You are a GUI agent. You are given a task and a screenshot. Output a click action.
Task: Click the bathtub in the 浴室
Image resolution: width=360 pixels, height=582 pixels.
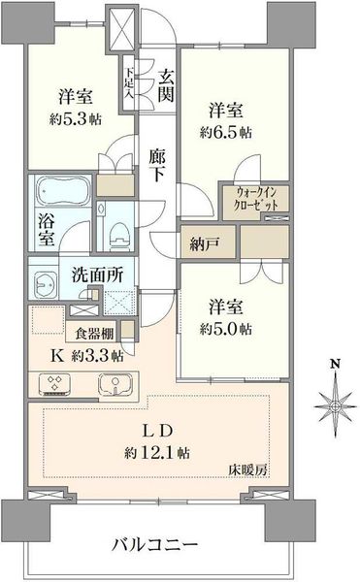[63, 191]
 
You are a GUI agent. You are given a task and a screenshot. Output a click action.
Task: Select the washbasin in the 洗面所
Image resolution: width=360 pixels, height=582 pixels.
[46, 285]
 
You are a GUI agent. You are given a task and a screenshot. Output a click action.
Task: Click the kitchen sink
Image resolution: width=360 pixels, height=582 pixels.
[115, 385]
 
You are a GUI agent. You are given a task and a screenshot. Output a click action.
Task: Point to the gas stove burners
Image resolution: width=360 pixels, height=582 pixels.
[55, 384]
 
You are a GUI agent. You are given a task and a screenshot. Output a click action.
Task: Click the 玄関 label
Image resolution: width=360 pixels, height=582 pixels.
[166, 86]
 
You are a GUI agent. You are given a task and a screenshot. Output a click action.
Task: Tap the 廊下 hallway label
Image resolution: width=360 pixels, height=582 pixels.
[156, 166]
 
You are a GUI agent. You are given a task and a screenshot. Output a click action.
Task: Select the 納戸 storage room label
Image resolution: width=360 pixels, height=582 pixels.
[204, 244]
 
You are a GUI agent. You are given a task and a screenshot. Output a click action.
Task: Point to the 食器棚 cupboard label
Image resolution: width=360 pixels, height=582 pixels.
[94, 334]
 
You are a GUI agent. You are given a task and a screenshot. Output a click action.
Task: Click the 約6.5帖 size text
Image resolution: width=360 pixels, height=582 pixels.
[225, 133]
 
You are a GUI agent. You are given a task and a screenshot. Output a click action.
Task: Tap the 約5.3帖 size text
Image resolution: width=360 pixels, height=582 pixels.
[76, 119]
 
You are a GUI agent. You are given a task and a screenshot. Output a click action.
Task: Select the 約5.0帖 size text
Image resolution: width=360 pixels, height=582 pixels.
[225, 329]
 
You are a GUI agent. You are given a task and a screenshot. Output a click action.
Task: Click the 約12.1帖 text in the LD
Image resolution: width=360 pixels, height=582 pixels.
[157, 452]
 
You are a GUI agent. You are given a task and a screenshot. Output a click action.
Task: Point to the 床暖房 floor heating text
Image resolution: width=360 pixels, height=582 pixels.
[247, 470]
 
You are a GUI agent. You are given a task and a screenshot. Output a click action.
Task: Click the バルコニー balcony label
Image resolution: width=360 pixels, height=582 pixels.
[155, 545]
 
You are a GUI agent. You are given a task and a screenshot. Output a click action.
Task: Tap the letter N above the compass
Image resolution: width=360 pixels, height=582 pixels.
[336, 364]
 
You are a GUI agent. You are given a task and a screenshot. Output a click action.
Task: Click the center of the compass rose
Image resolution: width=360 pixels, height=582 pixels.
[336, 406]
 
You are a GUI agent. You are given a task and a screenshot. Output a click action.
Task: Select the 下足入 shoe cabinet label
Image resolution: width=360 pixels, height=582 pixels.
[129, 82]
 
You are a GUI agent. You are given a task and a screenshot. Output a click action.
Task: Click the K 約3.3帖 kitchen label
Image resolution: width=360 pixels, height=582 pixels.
[86, 356]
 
